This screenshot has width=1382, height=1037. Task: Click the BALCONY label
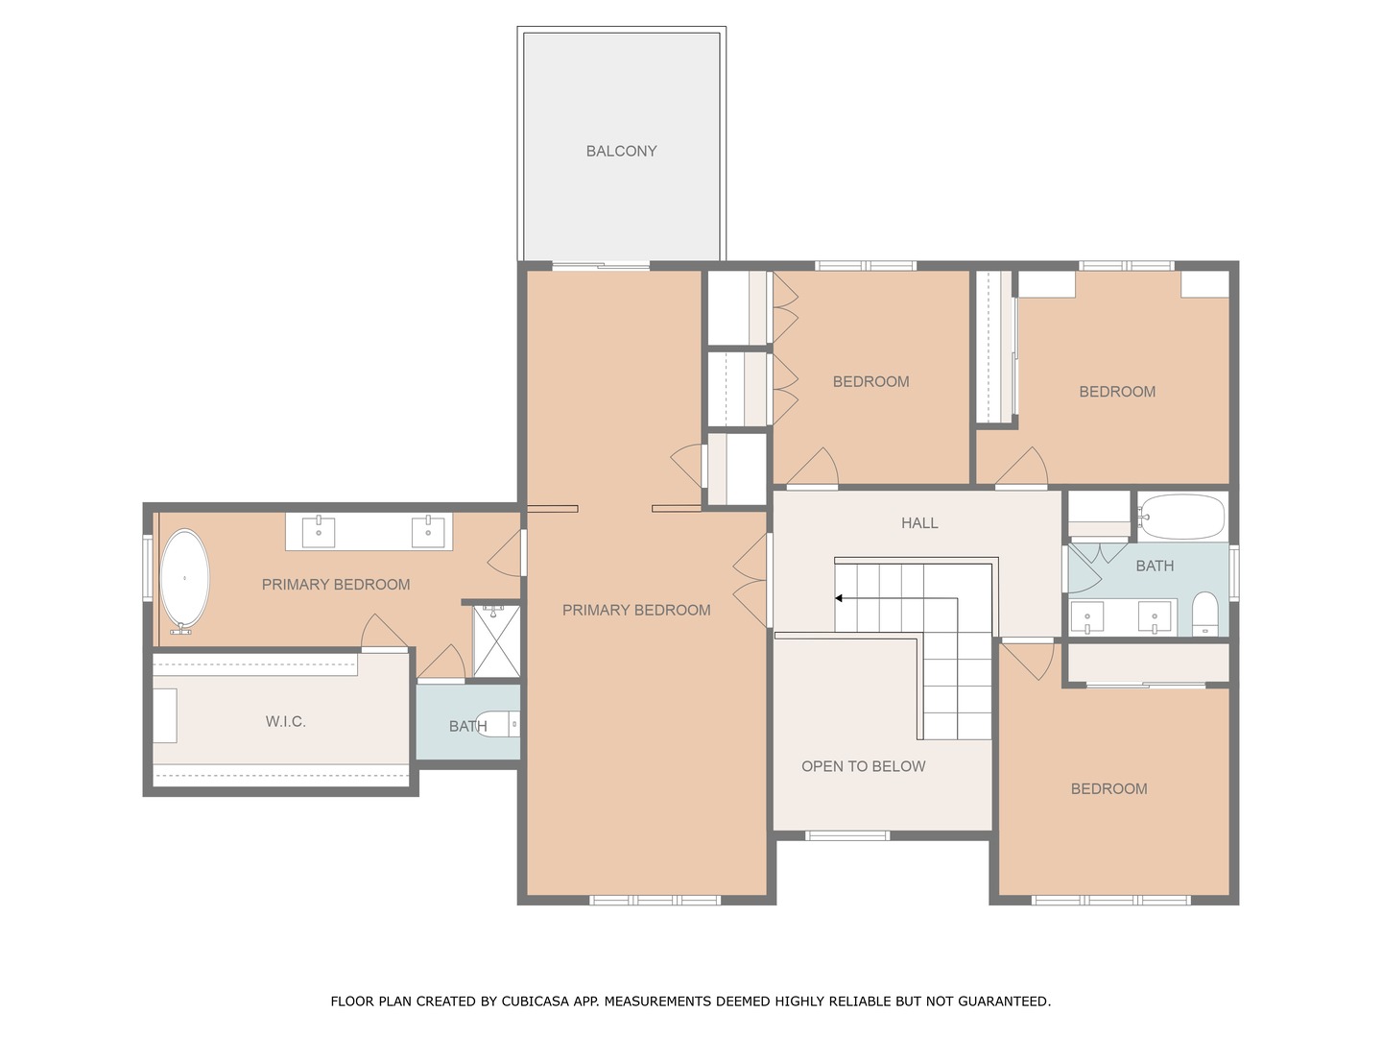click(621, 151)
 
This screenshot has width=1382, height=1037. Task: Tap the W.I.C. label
click(285, 721)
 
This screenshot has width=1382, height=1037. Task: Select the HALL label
click(919, 522)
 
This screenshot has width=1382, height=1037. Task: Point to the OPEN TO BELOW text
click(863, 766)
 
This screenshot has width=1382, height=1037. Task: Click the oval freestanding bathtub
click(184, 581)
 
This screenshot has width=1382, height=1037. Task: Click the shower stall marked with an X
click(497, 641)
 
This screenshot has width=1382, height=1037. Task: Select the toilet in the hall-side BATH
click(1205, 614)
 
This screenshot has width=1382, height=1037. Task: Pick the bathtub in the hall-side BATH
click(1181, 517)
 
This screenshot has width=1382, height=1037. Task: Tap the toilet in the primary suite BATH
click(498, 724)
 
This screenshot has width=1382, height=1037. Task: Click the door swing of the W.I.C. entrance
click(383, 630)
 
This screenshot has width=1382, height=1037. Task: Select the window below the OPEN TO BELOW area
click(847, 835)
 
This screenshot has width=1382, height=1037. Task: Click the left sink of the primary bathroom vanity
click(319, 532)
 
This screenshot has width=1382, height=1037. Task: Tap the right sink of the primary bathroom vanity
click(428, 532)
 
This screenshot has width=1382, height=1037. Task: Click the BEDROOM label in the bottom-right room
click(1108, 789)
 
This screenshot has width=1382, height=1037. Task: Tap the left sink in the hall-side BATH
click(1086, 617)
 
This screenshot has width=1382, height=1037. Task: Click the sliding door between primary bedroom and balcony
click(601, 266)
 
